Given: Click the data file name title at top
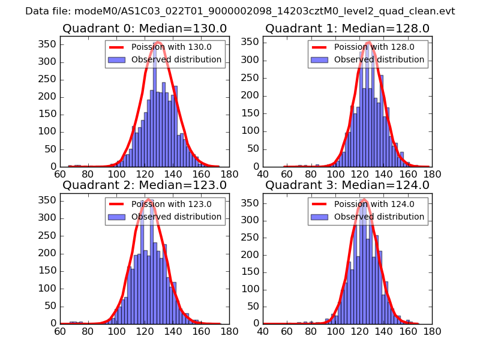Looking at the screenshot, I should [240, 11].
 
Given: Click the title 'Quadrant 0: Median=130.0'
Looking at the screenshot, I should [144, 29].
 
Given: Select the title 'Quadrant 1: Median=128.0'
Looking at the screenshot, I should [347, 29].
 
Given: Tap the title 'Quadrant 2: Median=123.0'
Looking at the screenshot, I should [144, 185].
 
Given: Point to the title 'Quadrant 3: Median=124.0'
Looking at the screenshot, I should [347, 185].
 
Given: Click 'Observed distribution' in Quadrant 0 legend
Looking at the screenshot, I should [176, 60].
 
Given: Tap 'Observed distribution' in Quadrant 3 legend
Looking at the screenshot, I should [379, 217].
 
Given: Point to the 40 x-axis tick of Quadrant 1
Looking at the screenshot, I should [263, 174].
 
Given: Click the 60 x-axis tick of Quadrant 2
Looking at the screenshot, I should [60, 331].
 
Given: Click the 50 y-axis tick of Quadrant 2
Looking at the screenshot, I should [51, 306].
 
